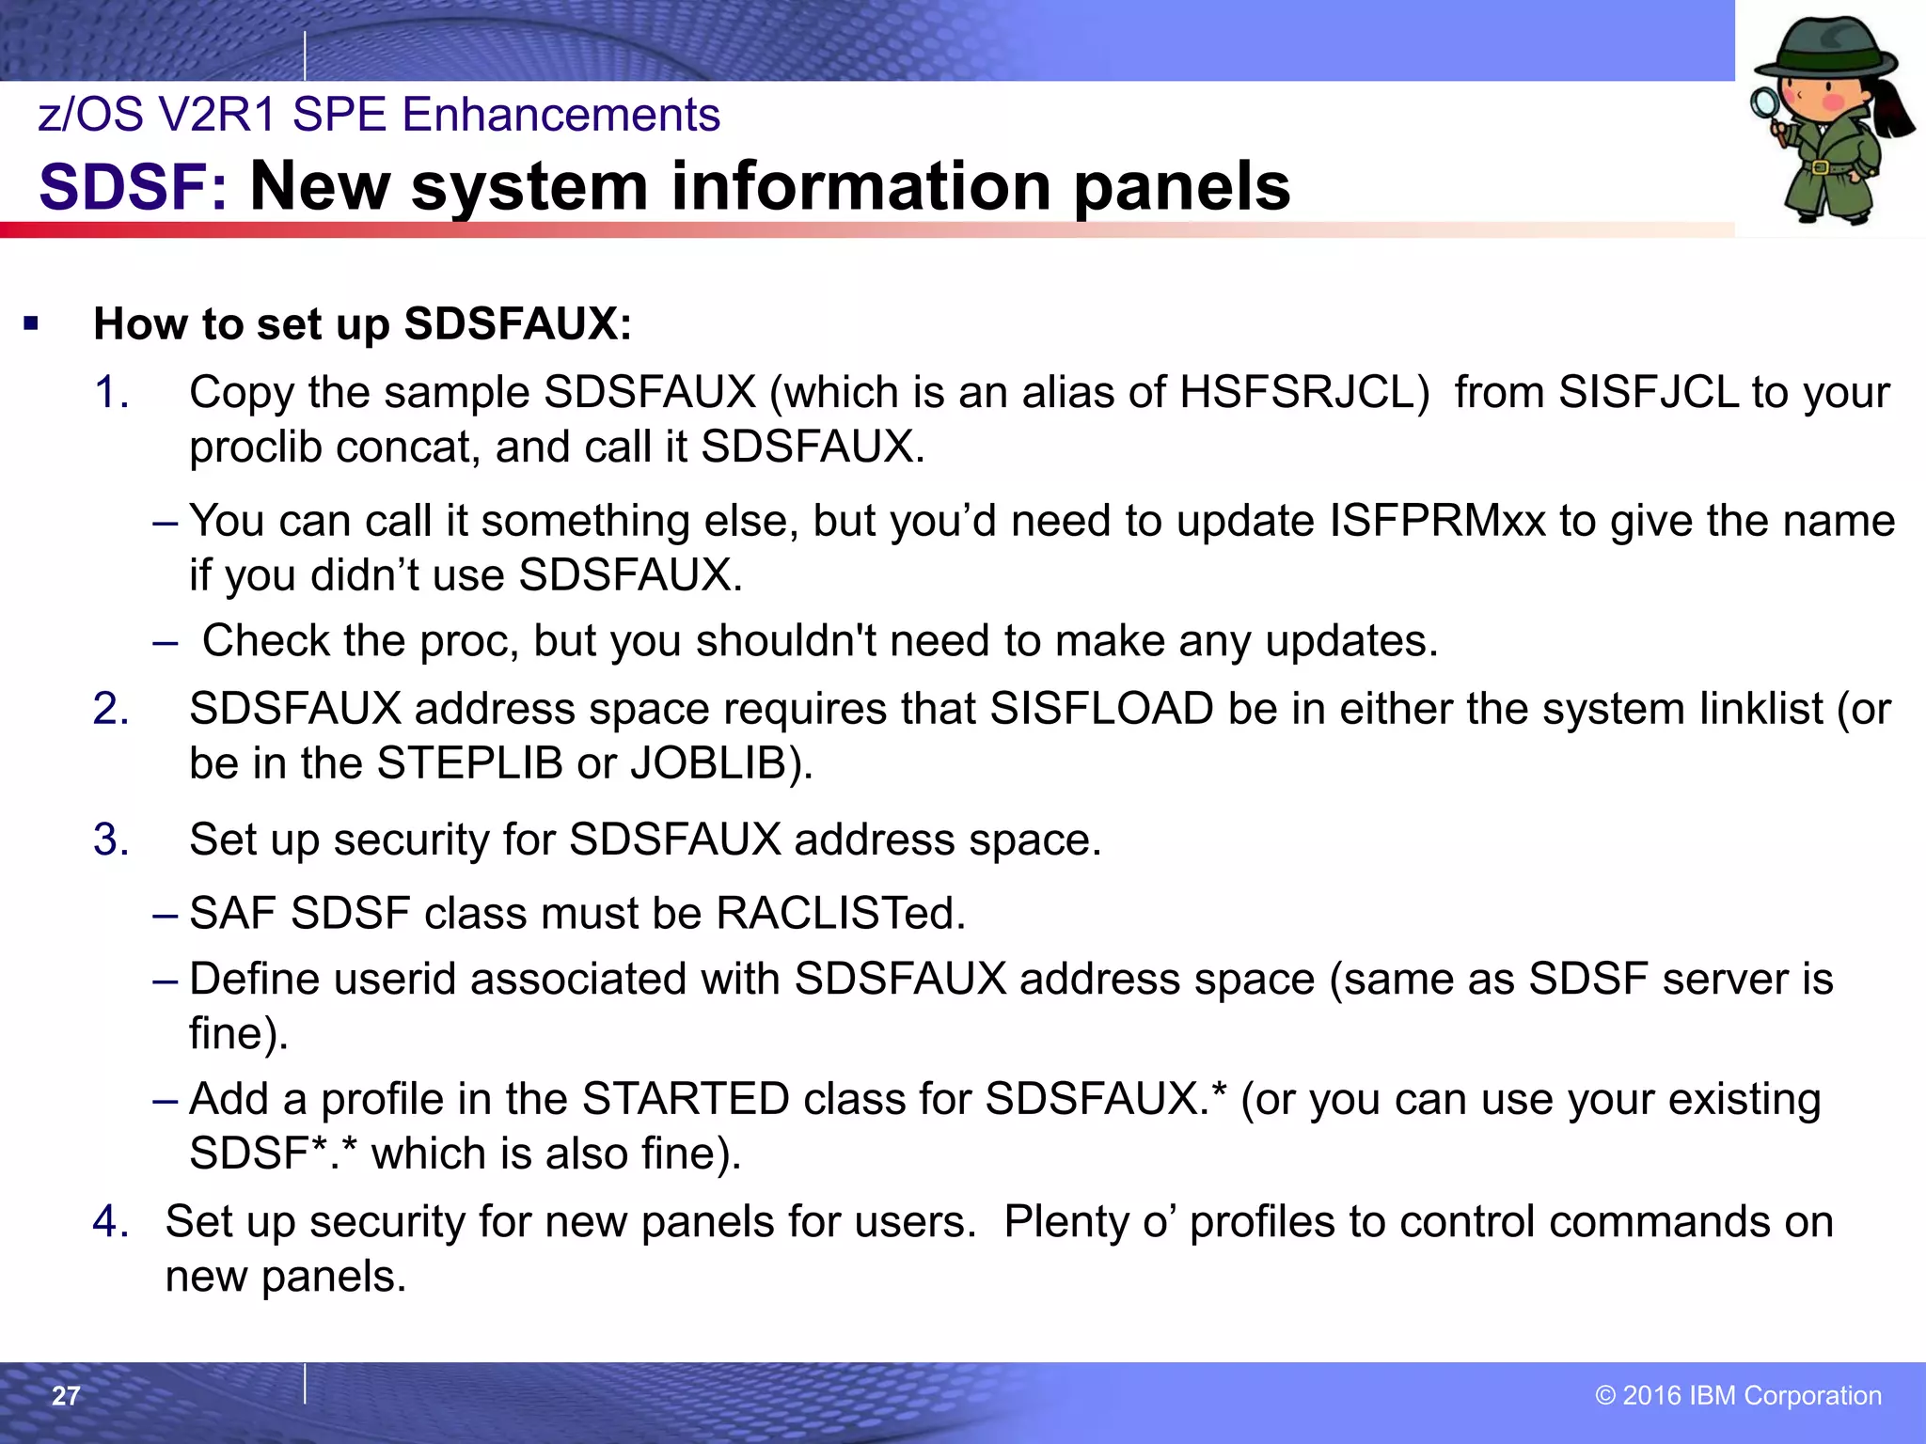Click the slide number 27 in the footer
[66, 1396]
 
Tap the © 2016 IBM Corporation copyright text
[1738, 1395]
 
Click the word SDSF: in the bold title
[133, 186]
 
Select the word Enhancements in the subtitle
[560, 115]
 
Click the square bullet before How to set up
[32, 325]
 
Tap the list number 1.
[110, 392]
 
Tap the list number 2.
[110, 709]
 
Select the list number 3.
[110, 840]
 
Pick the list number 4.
[110, 1222]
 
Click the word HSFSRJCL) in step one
[1304, 392]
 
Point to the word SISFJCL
[1648, 392]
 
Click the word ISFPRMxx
[1437, 521]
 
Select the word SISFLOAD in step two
[1101, 709]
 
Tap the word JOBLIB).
[721, 763]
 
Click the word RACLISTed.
[841, 913]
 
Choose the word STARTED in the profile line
[686, 1099]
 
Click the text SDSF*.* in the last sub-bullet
[273, 1154]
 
